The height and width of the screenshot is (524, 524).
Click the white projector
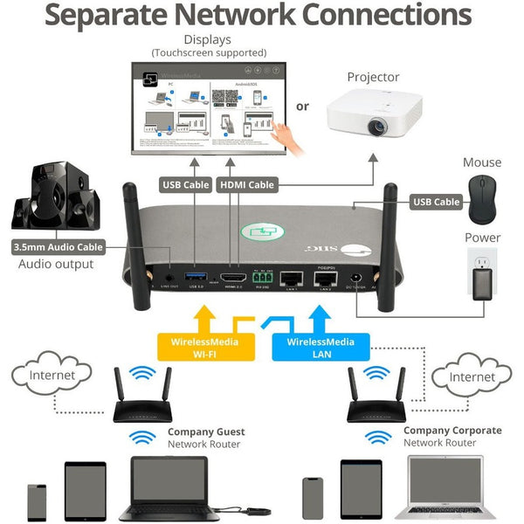tap(374, 116)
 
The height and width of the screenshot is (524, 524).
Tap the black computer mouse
tap(481, 198)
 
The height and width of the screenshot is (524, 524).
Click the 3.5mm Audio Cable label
tap(59, 247)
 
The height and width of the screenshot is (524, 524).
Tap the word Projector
tap(373, 77)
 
